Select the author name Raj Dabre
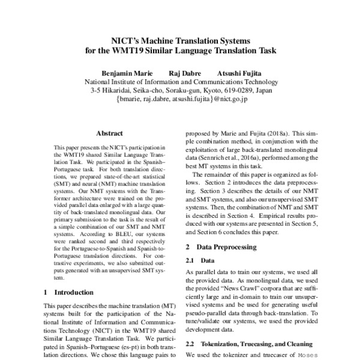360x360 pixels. coord(184,73)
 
